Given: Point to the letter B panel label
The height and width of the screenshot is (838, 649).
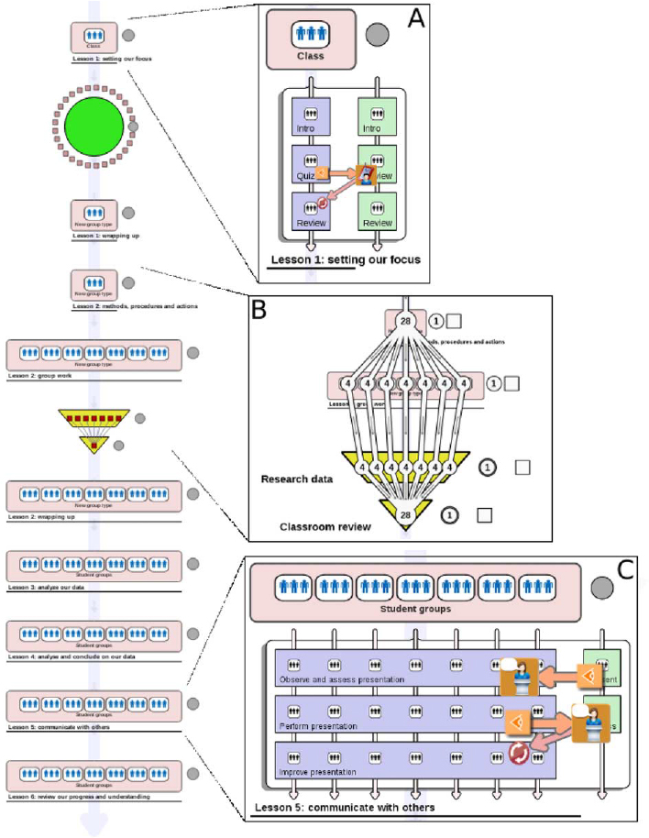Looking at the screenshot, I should [x=259, y=310].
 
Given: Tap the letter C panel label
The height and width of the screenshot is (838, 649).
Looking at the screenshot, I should [x=626, y=569].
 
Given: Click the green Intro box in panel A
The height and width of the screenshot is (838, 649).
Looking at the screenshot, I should [x=376, y=116].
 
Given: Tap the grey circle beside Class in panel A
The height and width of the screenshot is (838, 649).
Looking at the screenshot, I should [x=377, y=35].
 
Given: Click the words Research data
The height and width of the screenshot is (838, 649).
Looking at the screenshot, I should [x=297, y=479].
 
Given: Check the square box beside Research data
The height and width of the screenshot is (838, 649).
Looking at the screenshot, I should [x=522, y=468].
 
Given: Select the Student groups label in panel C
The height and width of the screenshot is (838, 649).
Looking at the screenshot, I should [x=416, y=607].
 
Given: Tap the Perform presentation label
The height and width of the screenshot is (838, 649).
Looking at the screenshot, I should [x=319, y=726].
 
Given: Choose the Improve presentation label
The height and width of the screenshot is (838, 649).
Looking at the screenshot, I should [x=318, y=772].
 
